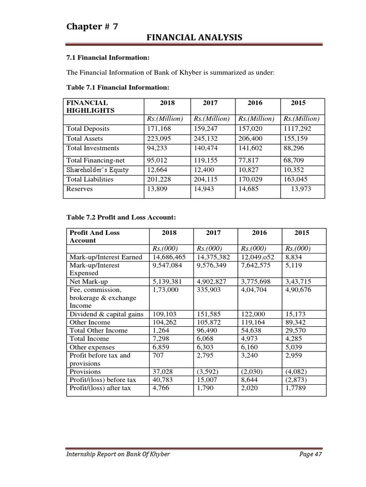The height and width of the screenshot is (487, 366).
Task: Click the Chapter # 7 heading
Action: tap(92, 27)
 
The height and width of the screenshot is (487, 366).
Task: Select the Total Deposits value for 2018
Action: tap(159, 129)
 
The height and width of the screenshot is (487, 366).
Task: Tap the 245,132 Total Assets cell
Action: tap(206, 139)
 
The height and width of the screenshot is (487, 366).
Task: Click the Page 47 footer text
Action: tap(311, 454)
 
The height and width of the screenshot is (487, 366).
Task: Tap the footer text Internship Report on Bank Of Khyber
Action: tap(118, 454)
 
